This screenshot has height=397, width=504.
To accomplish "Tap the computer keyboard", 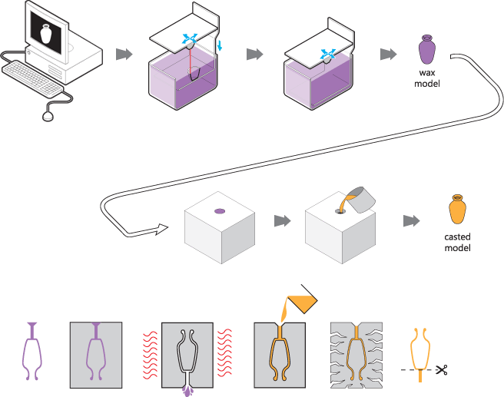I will [33, 78].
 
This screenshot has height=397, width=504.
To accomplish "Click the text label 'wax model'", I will [427, 78].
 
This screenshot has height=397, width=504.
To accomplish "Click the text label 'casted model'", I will [457, 242].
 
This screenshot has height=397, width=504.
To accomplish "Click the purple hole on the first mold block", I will [219, 210].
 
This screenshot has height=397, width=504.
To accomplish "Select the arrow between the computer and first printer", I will [123, 55].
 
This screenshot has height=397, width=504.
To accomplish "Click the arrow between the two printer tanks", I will [254, 55].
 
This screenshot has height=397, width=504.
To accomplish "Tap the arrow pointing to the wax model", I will [388, 55].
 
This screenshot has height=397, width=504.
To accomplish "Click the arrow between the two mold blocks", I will [283, 220].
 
